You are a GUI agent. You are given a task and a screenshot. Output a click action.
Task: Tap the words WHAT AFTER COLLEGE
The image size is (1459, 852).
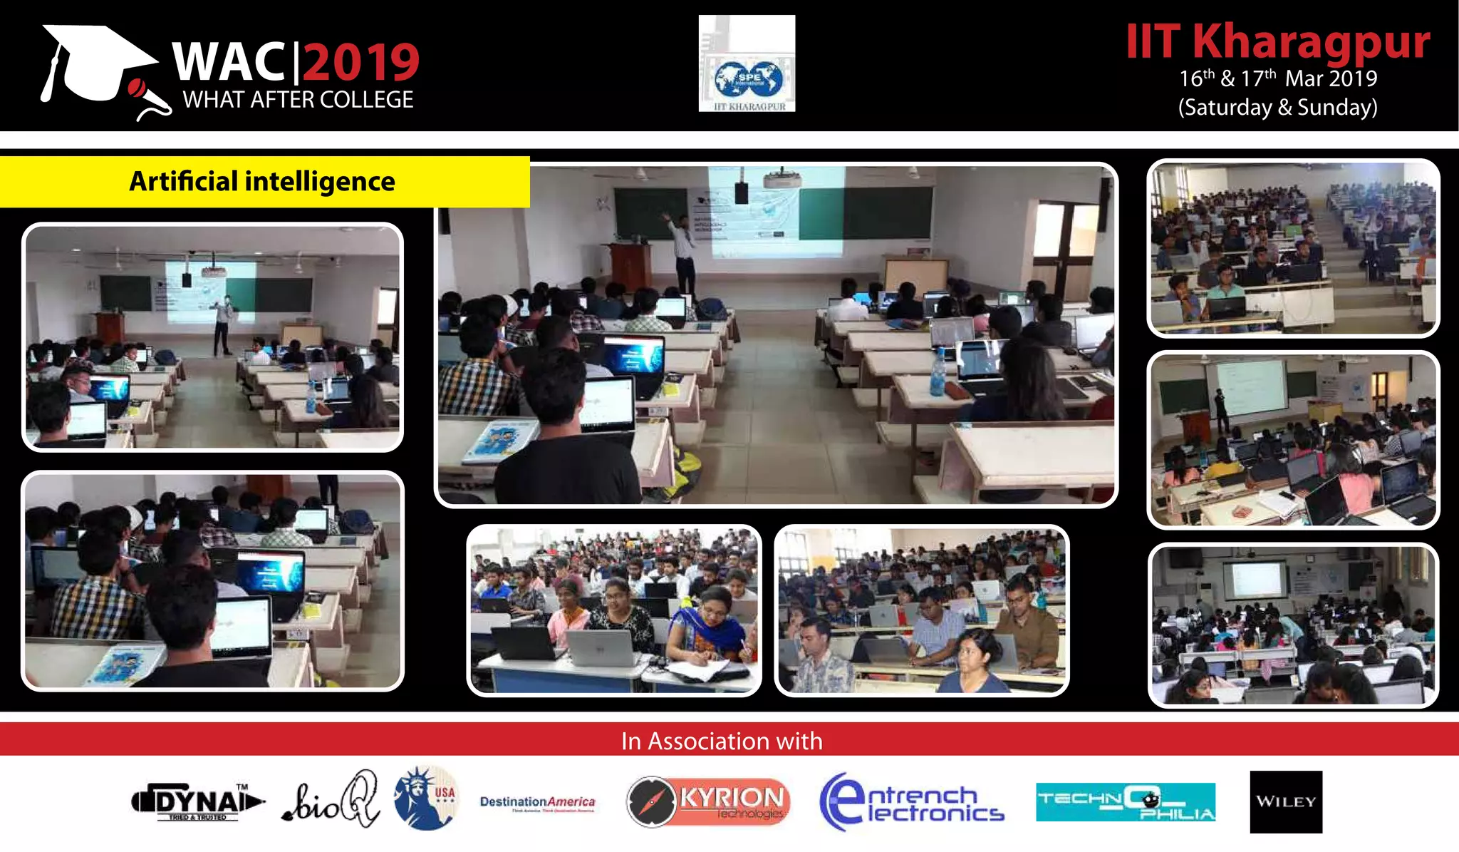click(298, 100)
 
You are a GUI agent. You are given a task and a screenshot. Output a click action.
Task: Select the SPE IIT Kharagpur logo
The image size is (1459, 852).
click(747, 64)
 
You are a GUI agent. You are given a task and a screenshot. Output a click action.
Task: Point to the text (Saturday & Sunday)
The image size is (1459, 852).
click(1277, 108)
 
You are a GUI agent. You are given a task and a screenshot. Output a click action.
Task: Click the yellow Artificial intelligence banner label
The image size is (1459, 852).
click(262, 182)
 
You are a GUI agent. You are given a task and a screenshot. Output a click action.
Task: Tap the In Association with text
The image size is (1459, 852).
click(722, 741)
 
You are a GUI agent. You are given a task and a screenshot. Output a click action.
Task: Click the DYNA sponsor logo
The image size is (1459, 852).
click(197, 802)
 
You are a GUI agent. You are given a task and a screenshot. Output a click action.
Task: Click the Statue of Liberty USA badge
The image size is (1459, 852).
click(426, 799)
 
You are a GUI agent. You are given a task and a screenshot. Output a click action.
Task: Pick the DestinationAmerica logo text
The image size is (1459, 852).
click(537, 802)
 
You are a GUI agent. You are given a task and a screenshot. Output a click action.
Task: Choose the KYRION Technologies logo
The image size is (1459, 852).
click(708, 801)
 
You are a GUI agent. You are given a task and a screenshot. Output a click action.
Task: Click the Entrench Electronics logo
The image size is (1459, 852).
click(911, 803)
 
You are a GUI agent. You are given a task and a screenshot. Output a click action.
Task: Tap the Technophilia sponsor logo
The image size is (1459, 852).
click(1125, 802)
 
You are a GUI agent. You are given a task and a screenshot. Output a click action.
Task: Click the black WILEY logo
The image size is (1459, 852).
click(1286, 802)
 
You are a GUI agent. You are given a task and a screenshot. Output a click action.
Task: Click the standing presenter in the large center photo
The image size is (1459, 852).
click(682, 253)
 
